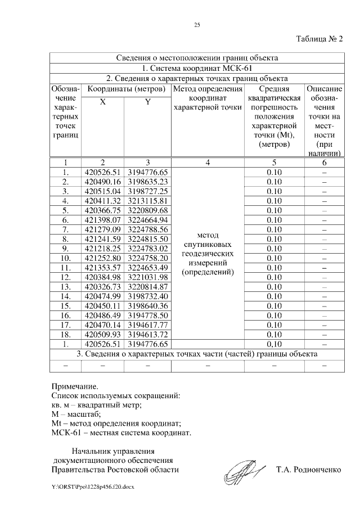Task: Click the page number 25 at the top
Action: (197, 25)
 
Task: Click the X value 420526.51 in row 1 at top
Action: (102, 172)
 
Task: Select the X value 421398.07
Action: (102, 220)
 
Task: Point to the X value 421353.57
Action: (102, 268)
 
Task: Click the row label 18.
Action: (66, 335)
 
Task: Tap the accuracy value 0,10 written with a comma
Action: (274, 344)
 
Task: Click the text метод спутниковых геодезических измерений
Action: (208, 254)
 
